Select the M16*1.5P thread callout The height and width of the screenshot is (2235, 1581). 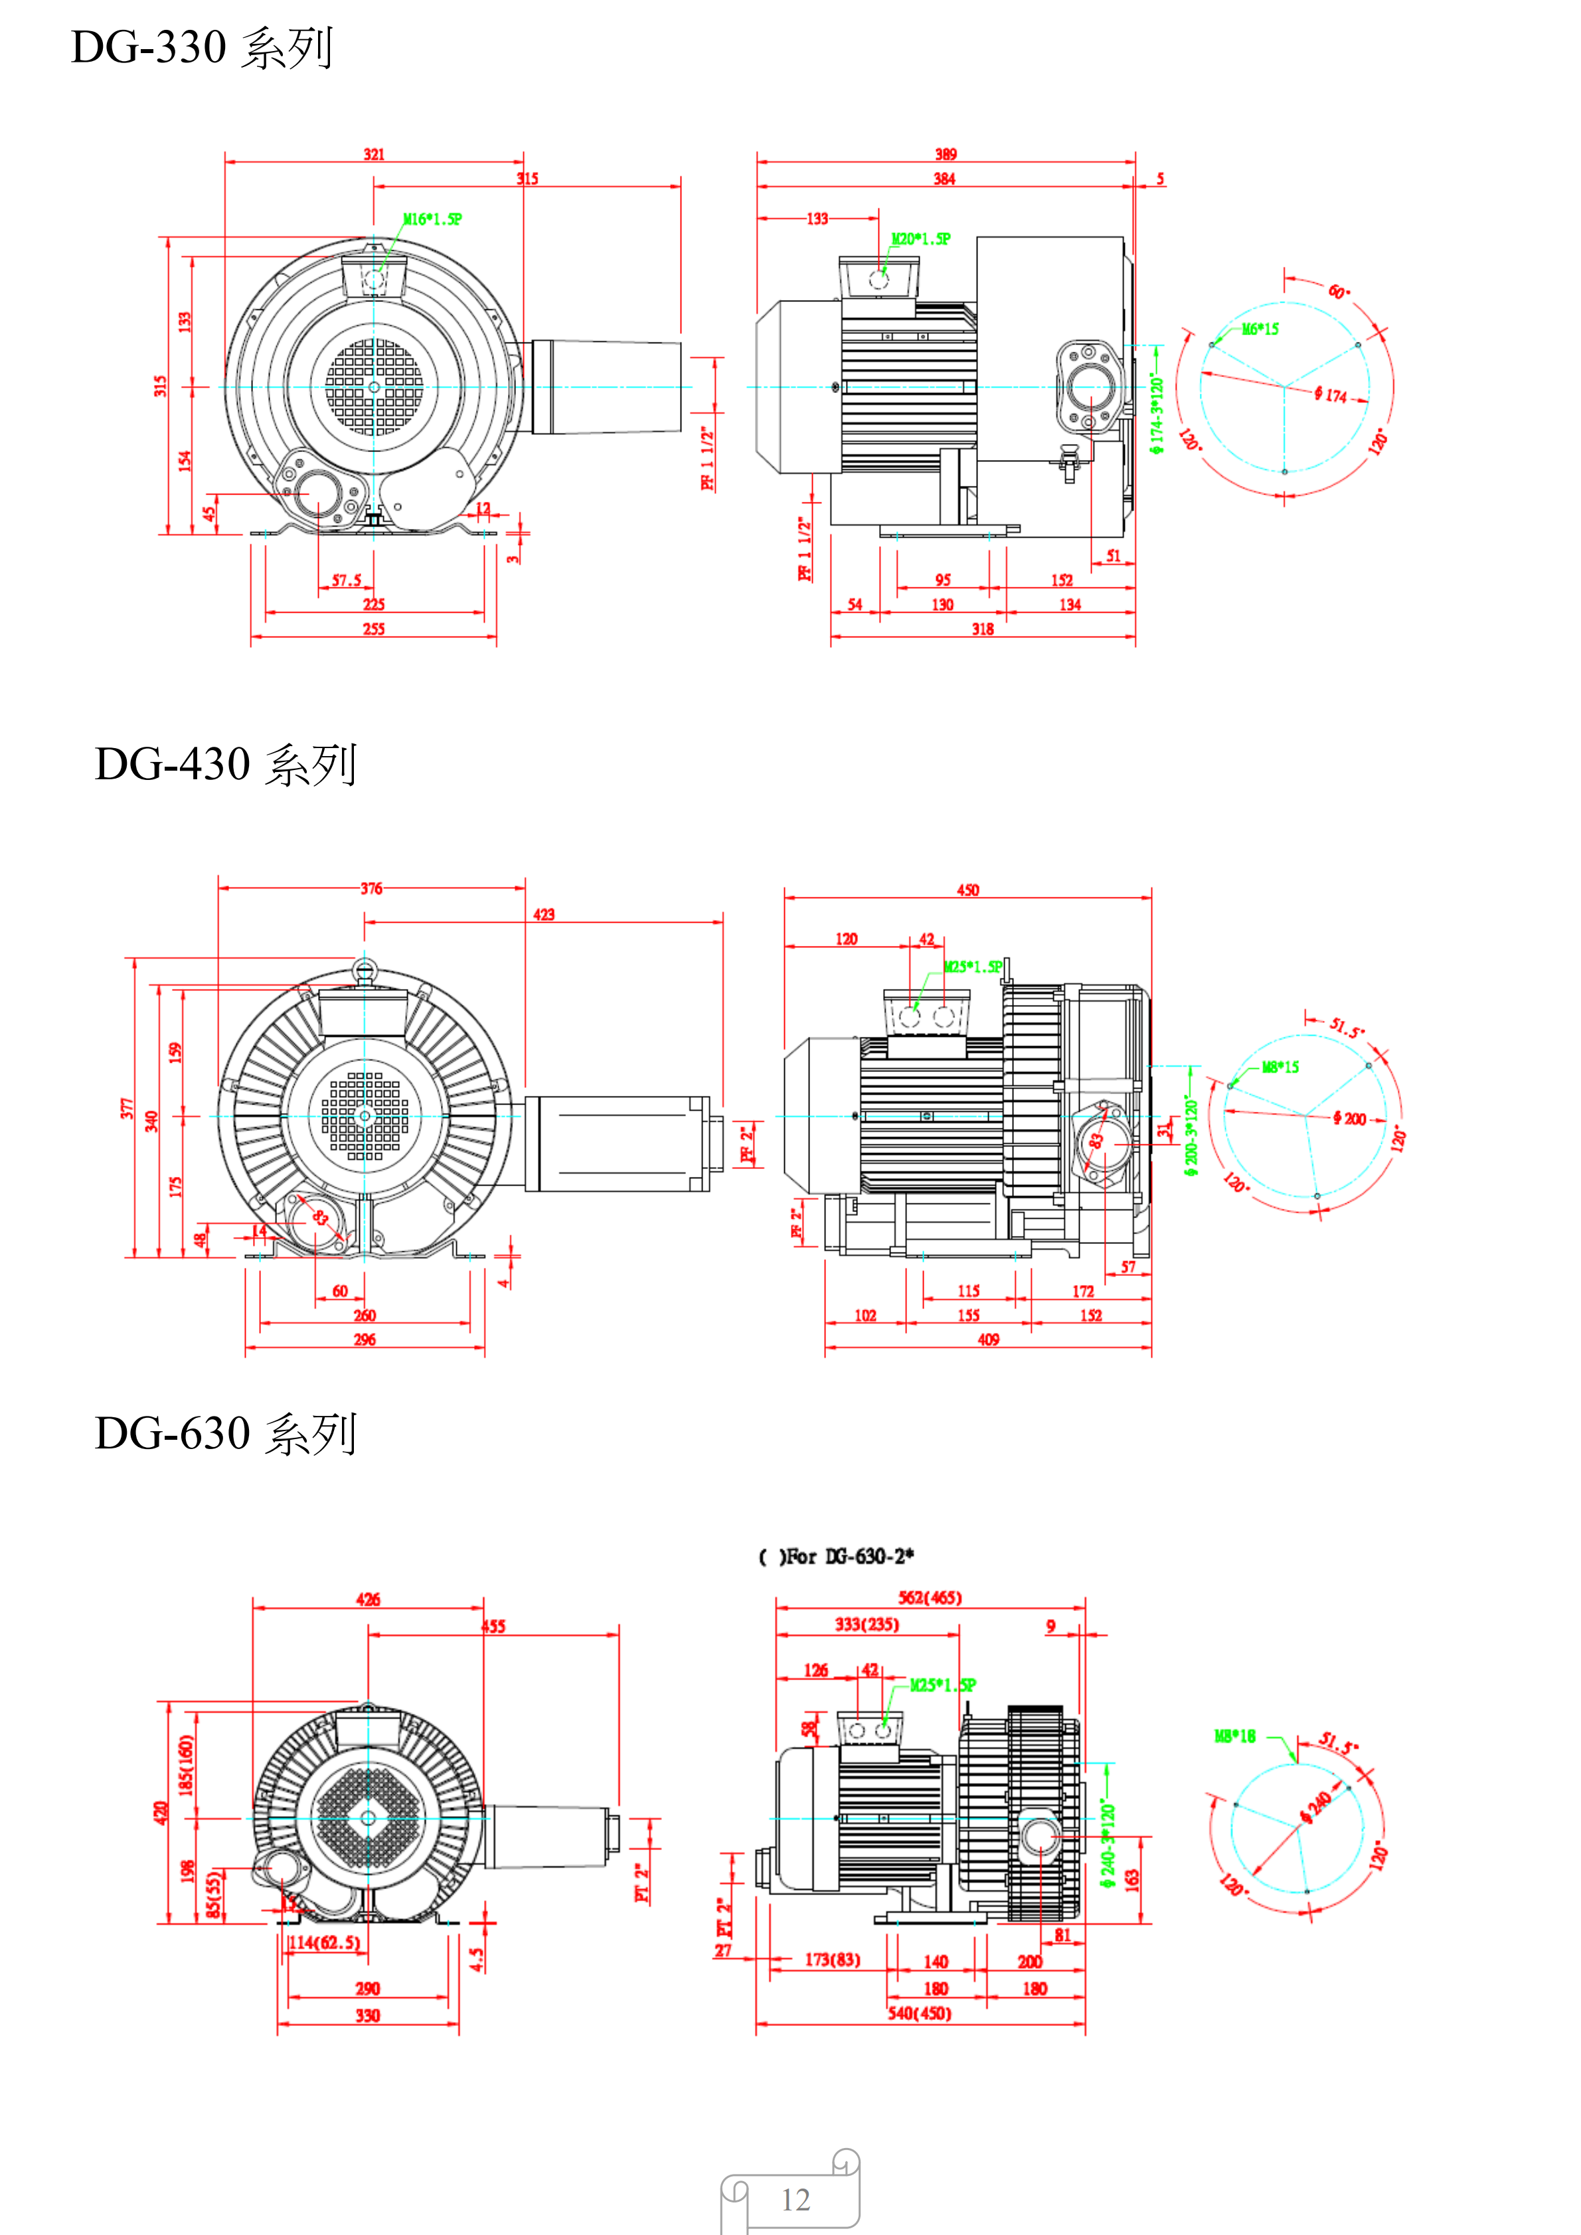432,219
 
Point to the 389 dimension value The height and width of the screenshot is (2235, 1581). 946,154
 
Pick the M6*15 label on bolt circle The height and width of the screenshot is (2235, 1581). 1260,329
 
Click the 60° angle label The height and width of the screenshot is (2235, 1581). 1339,291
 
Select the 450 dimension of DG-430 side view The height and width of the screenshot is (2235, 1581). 967,889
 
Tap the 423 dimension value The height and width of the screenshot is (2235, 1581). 543,914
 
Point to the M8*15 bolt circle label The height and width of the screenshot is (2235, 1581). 1280,1067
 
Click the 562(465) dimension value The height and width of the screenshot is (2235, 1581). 929,1597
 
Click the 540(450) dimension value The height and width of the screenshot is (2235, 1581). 918,2013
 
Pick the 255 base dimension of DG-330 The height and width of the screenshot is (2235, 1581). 374,629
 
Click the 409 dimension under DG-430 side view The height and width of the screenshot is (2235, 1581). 988,1340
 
